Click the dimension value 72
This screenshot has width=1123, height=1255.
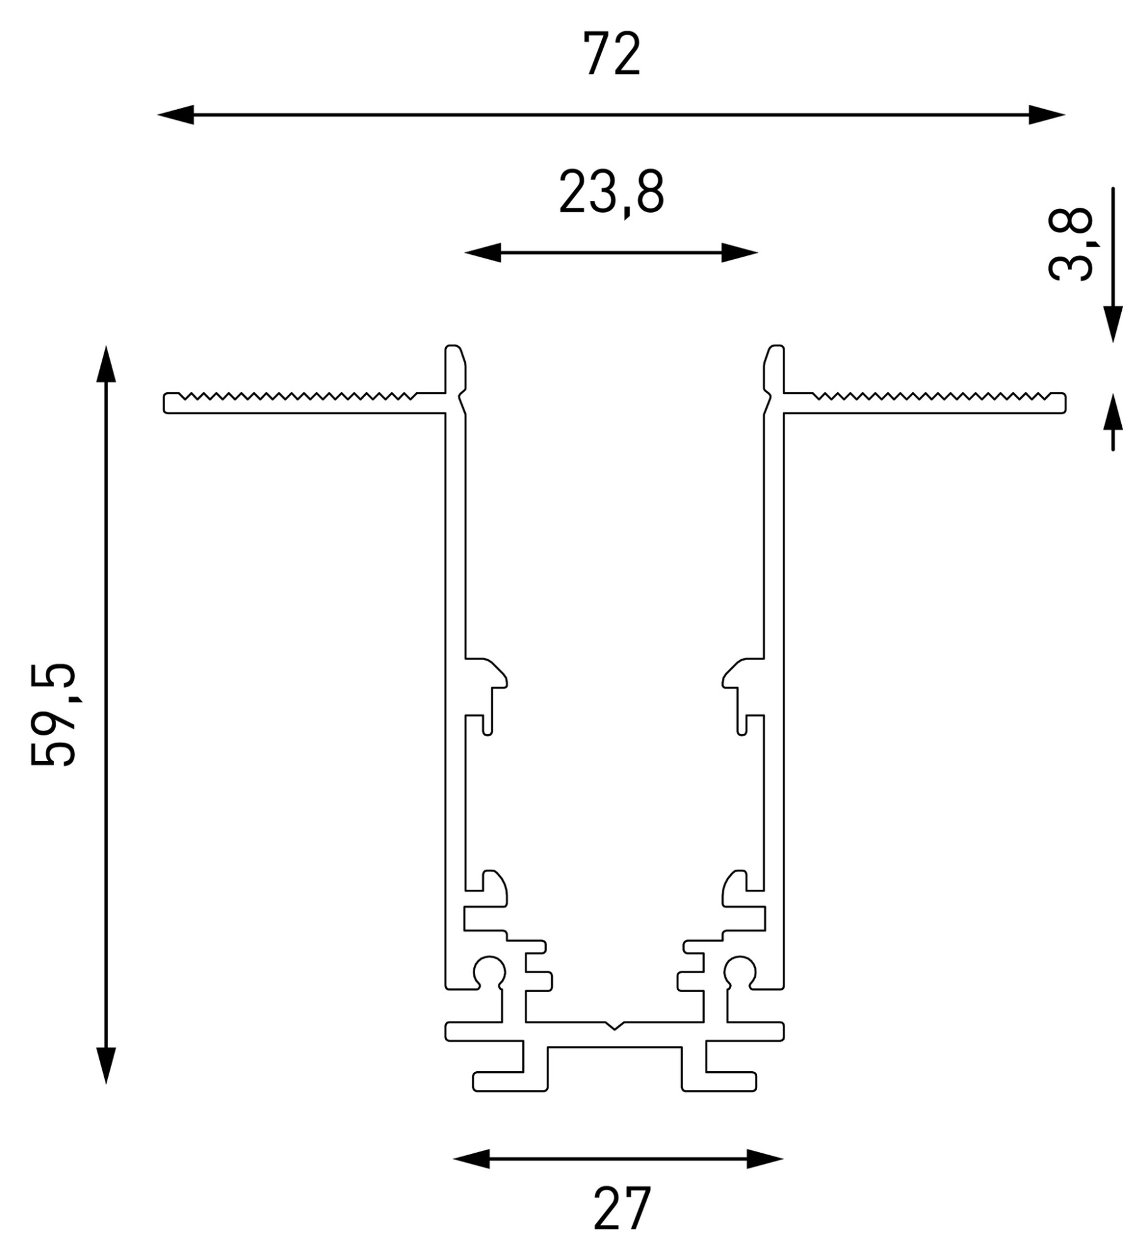pyautogui.click(x=612, y=54)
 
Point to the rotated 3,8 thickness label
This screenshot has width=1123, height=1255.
pyautogui.click(x=1071, y=245)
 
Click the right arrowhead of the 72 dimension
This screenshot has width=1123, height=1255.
pyautogui.click(x=1046, y=115)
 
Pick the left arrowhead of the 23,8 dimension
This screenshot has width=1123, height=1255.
pyautogui.click(x=483, y=253)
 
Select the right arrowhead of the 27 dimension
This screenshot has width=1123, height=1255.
pyautogui.click(x=765, y=1159)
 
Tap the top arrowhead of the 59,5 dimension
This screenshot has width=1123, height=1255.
pyautogui.click(x=106, y=364)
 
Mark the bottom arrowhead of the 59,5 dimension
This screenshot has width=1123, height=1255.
pyautogui.click(x=106, y=1065)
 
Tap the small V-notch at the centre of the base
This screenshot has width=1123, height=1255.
pyautogui.click(x=615, y=1026)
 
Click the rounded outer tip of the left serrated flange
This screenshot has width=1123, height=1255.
pyautogui.click(x=166, y=403)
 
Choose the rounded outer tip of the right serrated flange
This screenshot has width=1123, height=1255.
pyautogui.click(x=1063, y=403)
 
